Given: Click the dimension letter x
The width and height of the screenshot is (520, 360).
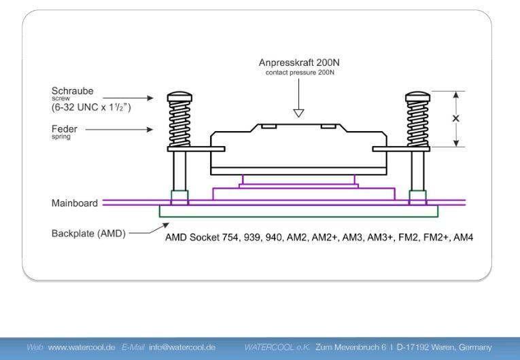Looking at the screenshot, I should point(456,118).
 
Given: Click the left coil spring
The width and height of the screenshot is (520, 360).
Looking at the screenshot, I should point(179,123).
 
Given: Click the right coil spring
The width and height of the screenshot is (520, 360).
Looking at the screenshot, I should point(416,123).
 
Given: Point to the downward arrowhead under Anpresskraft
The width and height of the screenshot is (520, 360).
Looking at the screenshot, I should point(298,113).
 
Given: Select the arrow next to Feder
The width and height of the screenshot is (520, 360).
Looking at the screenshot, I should point(129,128).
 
